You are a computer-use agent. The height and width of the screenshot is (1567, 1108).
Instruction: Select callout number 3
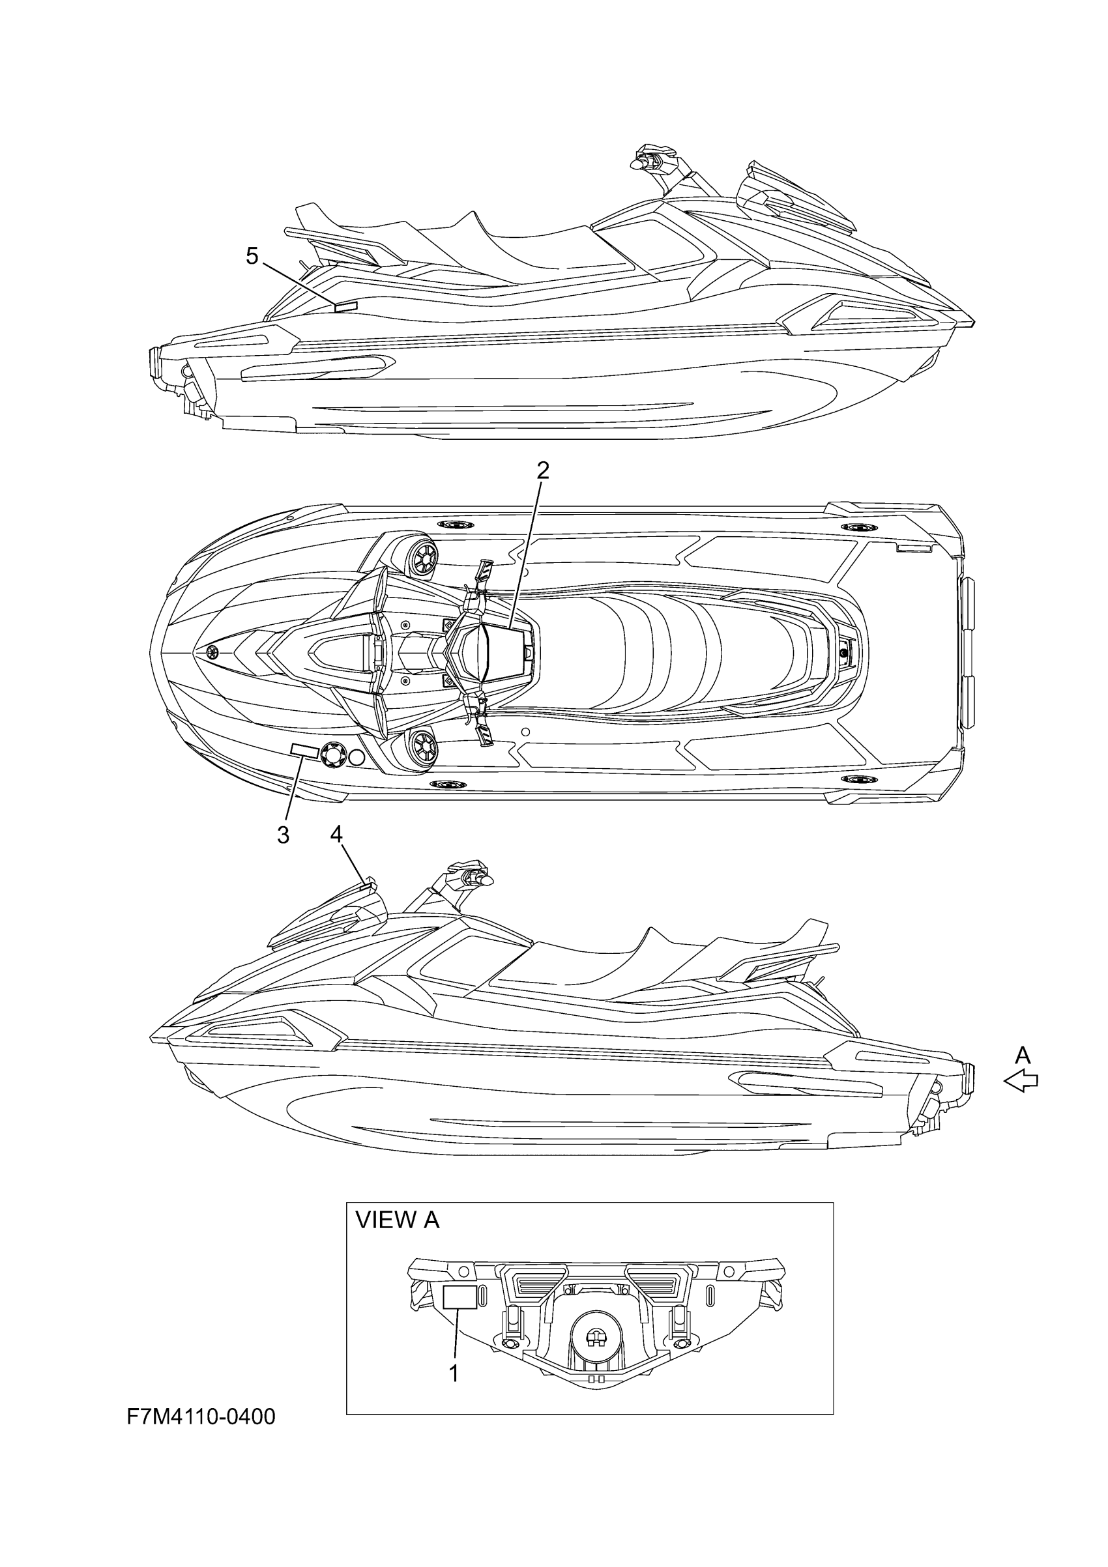284,835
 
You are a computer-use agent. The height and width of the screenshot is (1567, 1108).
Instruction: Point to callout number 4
336,833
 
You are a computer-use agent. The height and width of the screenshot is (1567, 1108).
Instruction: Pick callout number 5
253,256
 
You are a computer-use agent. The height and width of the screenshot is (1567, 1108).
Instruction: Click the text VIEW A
398,1220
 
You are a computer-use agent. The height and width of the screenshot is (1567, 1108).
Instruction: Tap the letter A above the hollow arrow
1022,1055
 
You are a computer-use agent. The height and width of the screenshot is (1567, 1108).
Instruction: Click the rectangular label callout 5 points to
346,306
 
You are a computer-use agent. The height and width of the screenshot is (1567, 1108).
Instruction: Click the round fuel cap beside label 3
332,754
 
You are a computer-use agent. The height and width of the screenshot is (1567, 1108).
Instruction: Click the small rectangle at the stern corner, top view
914,549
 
